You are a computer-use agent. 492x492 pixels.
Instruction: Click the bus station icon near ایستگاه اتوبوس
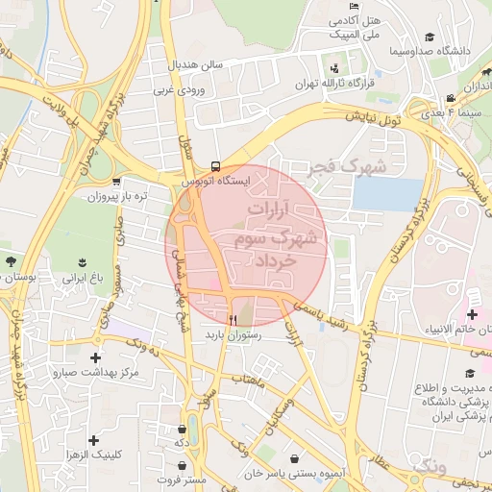tap(215, 166)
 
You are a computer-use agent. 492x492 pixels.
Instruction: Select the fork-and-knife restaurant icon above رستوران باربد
tap(233, 319)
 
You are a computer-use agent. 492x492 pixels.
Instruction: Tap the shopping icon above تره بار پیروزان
tap(116, 181)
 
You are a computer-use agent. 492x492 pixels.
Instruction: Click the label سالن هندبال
tap(197, 65)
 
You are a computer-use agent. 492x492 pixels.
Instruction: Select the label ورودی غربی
tap(177, 91)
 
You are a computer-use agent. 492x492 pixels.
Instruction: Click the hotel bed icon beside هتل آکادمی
tap(333, 20)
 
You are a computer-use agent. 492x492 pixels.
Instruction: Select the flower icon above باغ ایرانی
tap(82, 260)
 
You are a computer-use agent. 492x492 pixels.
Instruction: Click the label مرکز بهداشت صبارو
tap(97, 371)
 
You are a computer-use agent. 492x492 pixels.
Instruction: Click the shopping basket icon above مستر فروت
tap(183, 429)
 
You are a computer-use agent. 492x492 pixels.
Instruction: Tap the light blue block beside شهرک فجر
tap(379, 193)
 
